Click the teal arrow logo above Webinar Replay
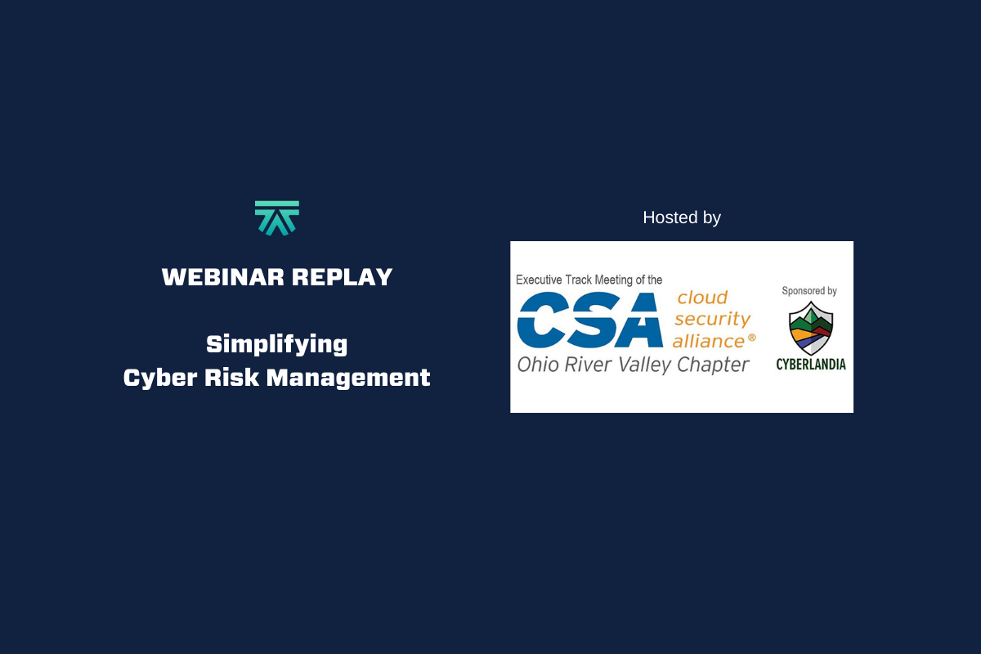click(x=277, y=217)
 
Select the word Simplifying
click(x=277, y=344)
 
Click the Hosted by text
click(x=682, y=217)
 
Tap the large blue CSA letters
click(x=589, y=320)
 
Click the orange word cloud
click(x=701, y=298)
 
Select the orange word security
click(x=712, y=320)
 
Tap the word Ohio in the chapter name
click(x=538, y=365)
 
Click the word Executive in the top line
click(x=540, y=280)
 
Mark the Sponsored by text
click(x=809, y=291)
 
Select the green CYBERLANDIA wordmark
click(x=811, y=365)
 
